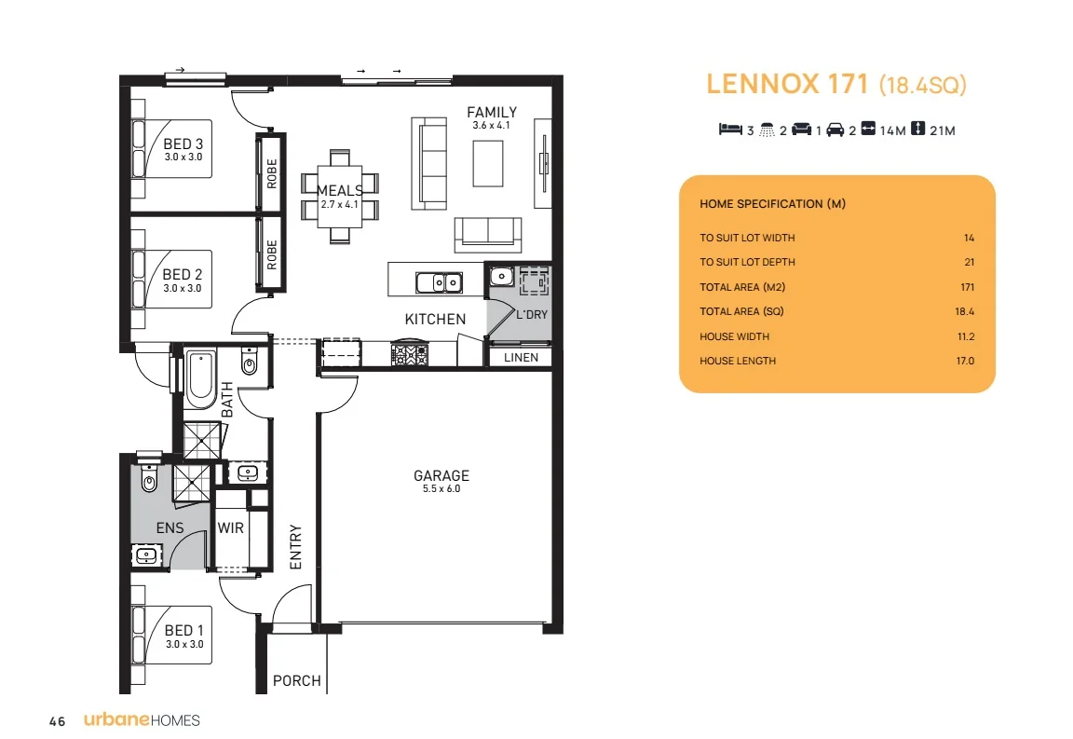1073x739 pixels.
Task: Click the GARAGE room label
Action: [x=441, y=475]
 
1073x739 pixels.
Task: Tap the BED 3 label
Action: [x=183, y=144]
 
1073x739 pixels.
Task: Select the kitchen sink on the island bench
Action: [x=440, y=282]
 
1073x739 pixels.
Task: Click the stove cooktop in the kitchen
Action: [x=409, y=354]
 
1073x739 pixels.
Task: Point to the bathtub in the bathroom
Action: [x=200, y=378]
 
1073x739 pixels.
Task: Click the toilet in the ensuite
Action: [x=148, y=478]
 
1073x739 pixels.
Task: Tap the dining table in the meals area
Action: [x=340, y=197]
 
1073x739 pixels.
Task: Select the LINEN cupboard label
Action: [x=521, y=358]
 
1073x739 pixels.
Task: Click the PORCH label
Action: [x=297, y=681]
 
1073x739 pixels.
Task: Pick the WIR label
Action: [x=231, y=528]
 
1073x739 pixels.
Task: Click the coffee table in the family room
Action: [x=488, y=163]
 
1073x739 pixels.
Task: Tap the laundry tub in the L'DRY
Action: [x=502, y=276]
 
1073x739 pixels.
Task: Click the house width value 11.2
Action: [x=966, y=336]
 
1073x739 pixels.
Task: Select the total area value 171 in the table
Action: [x=967, y=287]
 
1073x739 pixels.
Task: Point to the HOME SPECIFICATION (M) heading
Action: [x=772, y=203]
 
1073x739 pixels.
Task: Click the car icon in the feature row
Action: [x=835, y=130]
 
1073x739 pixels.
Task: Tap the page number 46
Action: [x=58, y=721]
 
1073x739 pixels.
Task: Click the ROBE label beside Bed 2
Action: [x=272, y=254]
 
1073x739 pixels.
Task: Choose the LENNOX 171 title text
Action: [x=787, y=84]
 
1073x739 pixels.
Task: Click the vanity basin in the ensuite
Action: [x=145, y=555]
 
